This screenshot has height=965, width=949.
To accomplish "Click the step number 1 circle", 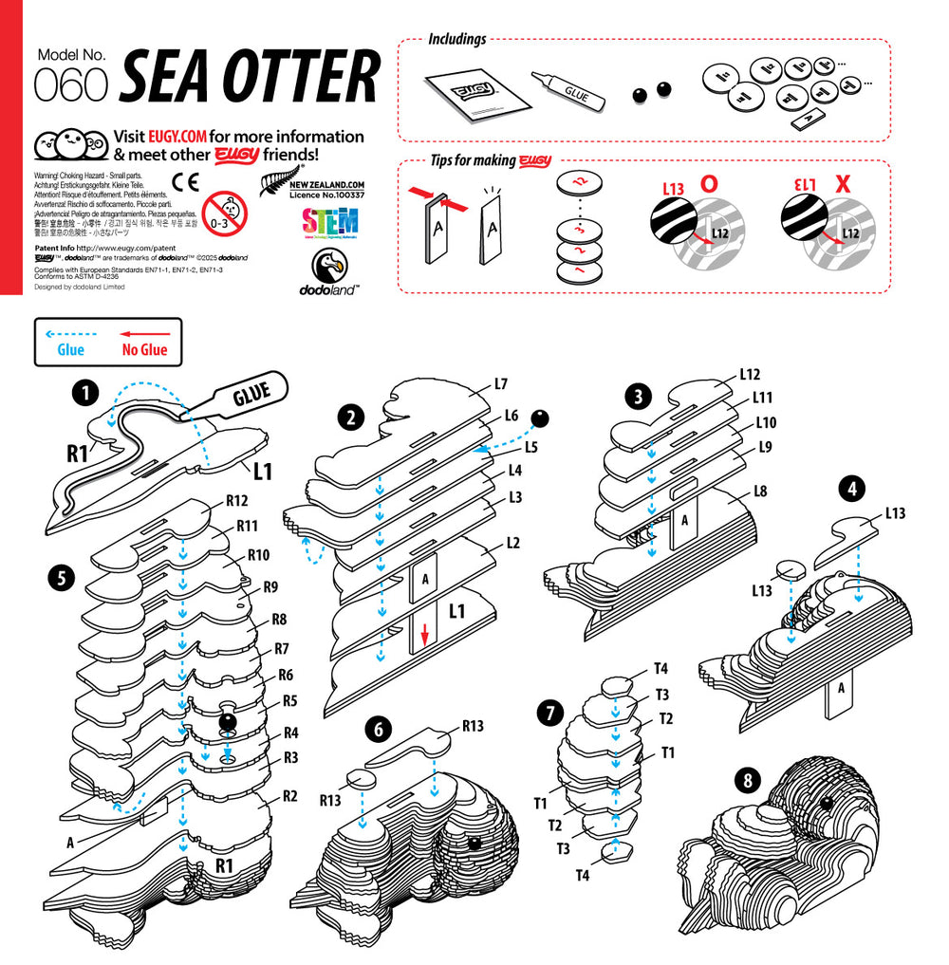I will tap(86, 391).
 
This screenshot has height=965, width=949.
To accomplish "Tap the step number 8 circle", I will tap(749, 781).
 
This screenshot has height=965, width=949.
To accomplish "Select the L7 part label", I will tap(501, 384).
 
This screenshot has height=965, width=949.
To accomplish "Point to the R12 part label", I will tap(236, 500).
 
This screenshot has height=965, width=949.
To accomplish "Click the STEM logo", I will tap(329, 223).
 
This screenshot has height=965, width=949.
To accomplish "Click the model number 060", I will tap(70, 85).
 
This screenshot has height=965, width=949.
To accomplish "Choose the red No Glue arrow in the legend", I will tap(144, 334).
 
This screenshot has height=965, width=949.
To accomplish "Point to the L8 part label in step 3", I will tap(759, 492).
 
